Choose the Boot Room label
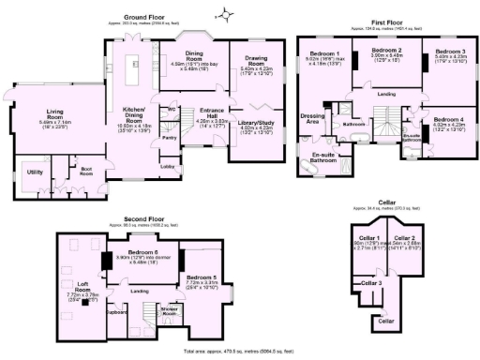click(x=86, y=170)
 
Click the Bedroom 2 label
click(x=385, y=50)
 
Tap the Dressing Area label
click(x=311, y=117)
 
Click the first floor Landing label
click(x=385, y=94)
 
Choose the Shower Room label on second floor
click(x=171, y=311)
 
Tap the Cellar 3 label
click(x=372, y=282)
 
